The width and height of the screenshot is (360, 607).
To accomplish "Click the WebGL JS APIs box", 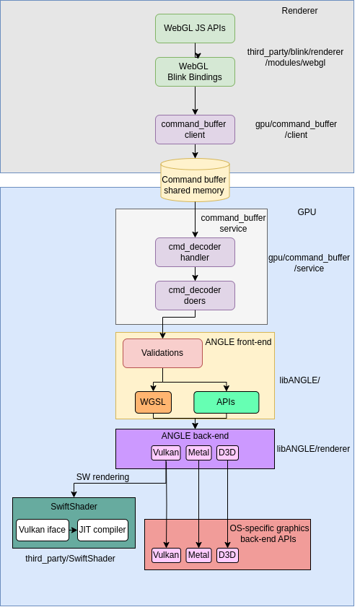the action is click(195, 28).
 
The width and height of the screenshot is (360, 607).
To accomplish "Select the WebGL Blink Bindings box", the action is click(195, 71).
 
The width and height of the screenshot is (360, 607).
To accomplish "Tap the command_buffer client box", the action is click(195, 129).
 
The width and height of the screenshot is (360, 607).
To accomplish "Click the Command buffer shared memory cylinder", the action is click(195, 180).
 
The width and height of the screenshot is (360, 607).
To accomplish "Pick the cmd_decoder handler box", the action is click(195, 252).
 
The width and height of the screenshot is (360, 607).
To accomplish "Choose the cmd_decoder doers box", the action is click(195, 295).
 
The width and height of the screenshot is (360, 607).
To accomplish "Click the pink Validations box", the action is click(162, 353).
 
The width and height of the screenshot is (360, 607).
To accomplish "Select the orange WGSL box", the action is click(153, 402).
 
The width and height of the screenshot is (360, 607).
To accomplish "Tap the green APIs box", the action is click(227, 402).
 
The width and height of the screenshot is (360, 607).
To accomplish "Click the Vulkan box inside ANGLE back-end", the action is click(166, 453).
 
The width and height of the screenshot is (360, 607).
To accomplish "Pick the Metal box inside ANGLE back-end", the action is click(199, 453).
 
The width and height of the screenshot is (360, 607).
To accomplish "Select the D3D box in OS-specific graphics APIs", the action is click(227, 555).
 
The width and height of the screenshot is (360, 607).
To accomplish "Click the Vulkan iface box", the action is click(43, 530).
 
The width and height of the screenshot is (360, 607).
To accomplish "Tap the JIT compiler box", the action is click(102, 530).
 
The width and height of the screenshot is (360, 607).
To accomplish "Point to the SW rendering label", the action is click(102, 477).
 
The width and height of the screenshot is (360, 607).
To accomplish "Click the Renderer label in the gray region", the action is click(299, 11).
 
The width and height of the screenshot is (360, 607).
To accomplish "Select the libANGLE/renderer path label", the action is click(313, 449).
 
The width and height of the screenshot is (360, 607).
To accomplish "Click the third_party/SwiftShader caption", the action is click(70, 559).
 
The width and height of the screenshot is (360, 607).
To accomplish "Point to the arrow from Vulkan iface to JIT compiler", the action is click(73, 530).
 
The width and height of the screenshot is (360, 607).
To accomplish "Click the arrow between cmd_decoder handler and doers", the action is click(195, 274).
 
